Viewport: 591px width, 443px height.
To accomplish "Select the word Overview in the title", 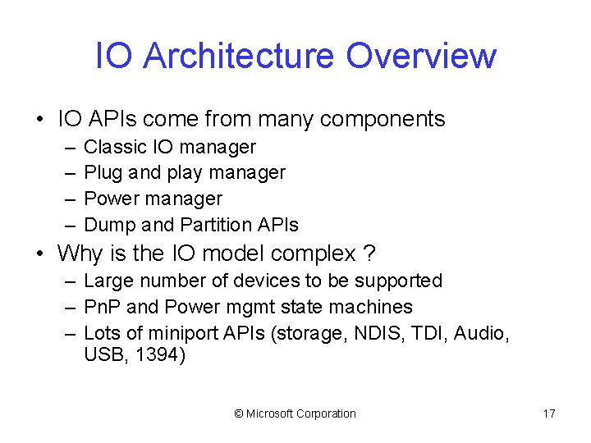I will [x=420, y=56].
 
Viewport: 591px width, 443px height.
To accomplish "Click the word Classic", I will [x=116, y=148].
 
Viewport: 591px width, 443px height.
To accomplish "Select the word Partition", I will [x=213, y=225].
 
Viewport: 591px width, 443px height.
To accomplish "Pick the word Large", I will [x=109, y=281].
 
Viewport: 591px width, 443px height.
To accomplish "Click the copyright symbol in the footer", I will [x=239, y=414].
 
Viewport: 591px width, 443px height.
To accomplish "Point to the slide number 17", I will [x=549, y=414].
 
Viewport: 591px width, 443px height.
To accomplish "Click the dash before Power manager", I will [x=70, y=199].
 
